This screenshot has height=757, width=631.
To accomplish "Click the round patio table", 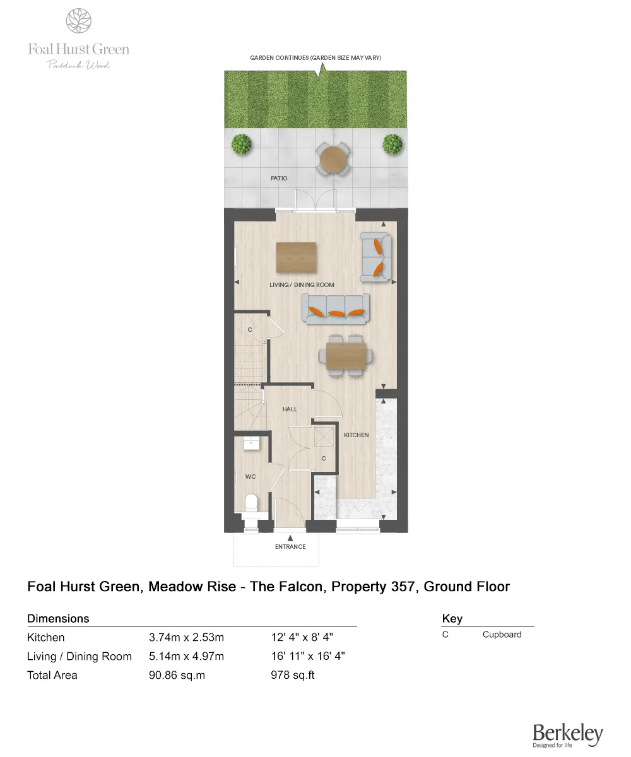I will tap(333, 159).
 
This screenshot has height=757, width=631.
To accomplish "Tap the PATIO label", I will tap(279, 179).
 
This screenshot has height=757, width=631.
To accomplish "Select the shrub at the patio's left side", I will tap(241, 144).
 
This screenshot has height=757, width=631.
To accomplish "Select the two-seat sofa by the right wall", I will tap(375, 257).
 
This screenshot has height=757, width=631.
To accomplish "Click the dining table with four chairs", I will tap(346, 356).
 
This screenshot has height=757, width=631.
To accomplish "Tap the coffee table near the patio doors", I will tap(297, 257).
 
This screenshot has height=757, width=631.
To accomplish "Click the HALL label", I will tap(290, 409).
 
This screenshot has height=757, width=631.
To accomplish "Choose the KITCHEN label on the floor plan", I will tap(356, 435).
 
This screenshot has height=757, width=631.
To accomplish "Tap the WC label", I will tap(251, 477).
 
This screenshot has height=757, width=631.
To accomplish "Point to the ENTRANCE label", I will tap(290, 547).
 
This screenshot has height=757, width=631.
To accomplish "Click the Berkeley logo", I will tap(567, 736).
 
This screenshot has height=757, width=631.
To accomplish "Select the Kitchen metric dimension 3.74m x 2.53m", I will tap(186, 638).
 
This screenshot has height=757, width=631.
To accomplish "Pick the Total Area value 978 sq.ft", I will tap(292, 676).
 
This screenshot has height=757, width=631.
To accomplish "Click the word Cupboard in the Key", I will tap(502, 635).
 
